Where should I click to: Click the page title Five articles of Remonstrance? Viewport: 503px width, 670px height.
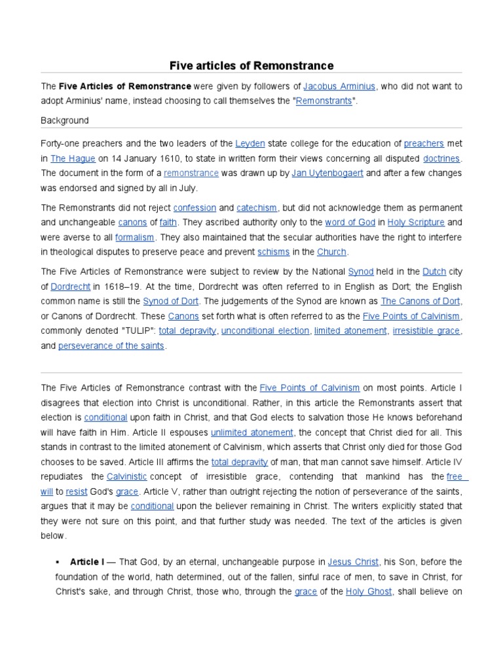[x=251, y=65]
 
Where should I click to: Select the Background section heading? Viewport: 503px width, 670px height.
[x=64, y=120]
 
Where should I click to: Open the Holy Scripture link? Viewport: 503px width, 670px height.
[x=416, y=222]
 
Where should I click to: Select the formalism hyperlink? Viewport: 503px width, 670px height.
[x=134, y=238]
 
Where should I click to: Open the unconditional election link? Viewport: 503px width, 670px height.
[x=265, y=331]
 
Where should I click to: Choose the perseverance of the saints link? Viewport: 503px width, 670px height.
[x=112, y=346]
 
